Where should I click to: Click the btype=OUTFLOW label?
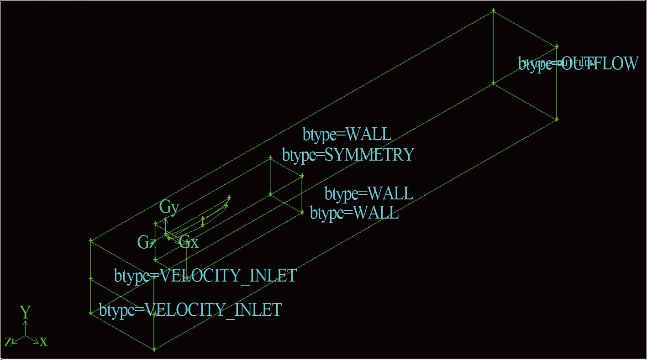point(578,63)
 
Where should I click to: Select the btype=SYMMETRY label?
point(348,155)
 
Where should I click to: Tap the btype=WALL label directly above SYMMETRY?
point(347,135)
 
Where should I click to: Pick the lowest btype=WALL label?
point(354,213)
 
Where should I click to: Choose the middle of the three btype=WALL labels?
point(369,194)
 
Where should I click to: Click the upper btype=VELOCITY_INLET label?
point(205,276)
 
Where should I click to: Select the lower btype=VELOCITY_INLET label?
point(190,310)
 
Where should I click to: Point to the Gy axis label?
point(169,207)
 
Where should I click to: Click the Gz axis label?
point(147,243)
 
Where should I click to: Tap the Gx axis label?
point(189,242)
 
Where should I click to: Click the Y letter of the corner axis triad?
point(25,313)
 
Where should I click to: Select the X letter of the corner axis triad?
point(43,342)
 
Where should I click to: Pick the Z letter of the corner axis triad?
point(8,342)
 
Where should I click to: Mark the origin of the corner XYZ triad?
point(25,336)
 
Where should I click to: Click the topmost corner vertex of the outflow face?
point(493,10)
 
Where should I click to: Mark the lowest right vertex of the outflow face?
point(557,120)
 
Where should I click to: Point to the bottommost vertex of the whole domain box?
point(154,350)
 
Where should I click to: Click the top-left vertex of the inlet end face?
point(91,240)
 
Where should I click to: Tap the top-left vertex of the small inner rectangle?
point(270,158)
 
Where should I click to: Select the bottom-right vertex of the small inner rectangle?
point(302,212)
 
